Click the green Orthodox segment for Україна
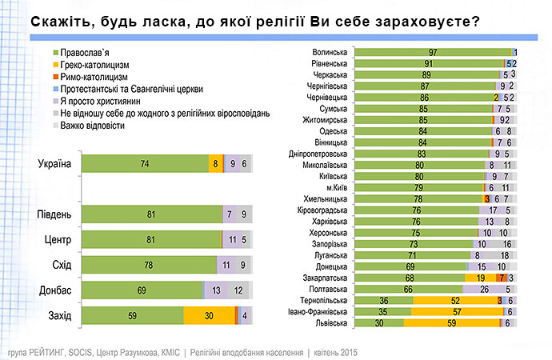[144, 164]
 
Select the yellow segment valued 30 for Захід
[208, 315]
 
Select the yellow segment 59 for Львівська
[450, 323]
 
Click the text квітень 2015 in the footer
[328, 351]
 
